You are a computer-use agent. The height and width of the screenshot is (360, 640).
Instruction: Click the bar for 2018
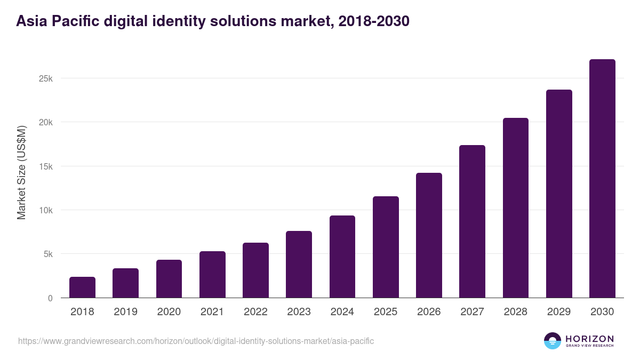tap(82, 287)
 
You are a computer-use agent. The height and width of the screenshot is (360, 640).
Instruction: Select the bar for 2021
tap(212, 275)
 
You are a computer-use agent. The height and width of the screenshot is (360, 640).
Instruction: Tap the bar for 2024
tap(342, 257)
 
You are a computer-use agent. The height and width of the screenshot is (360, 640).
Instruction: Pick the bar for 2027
tap(472, 221)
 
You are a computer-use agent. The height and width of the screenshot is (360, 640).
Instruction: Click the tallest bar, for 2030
tap(602, 179)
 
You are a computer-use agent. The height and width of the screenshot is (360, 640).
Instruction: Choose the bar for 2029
tap(559, 194)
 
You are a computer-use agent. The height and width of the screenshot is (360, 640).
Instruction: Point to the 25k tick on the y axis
tap(46, 78)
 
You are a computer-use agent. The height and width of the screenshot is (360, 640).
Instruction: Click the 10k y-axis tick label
tap(46, 210)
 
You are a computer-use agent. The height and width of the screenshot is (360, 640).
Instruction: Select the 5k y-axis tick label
tap(48, 254)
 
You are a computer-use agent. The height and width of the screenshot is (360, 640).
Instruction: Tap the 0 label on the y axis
tap(50, 298)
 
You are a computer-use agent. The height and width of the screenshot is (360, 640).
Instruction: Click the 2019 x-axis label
tap(125, 312)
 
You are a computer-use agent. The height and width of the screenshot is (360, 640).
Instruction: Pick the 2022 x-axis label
tap(255, 312)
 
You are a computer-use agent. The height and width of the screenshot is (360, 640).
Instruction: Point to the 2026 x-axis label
tap(429, 312)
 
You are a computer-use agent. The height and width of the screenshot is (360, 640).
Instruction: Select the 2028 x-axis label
tap(515, 312)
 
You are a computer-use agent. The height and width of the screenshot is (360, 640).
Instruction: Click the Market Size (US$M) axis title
tap(21, 172)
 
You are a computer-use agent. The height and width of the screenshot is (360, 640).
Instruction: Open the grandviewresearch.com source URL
tap(196, 341)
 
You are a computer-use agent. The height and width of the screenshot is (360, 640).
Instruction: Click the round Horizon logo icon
tap(552, 341)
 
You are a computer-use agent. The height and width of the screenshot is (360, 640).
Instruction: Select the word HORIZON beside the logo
tap(589, 339)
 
